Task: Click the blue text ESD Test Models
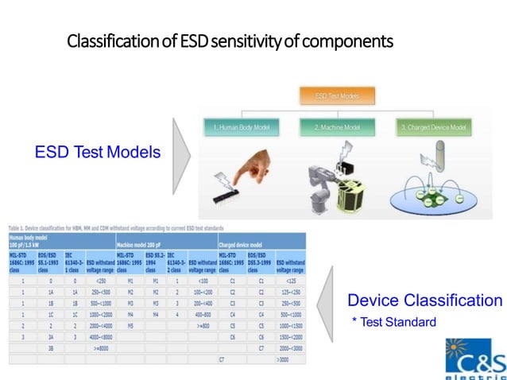click(98, 152)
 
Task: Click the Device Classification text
click(424, 301)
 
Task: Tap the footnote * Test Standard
click(394, 321)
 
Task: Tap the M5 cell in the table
click(130, 325)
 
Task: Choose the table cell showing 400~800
click(203, 313)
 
